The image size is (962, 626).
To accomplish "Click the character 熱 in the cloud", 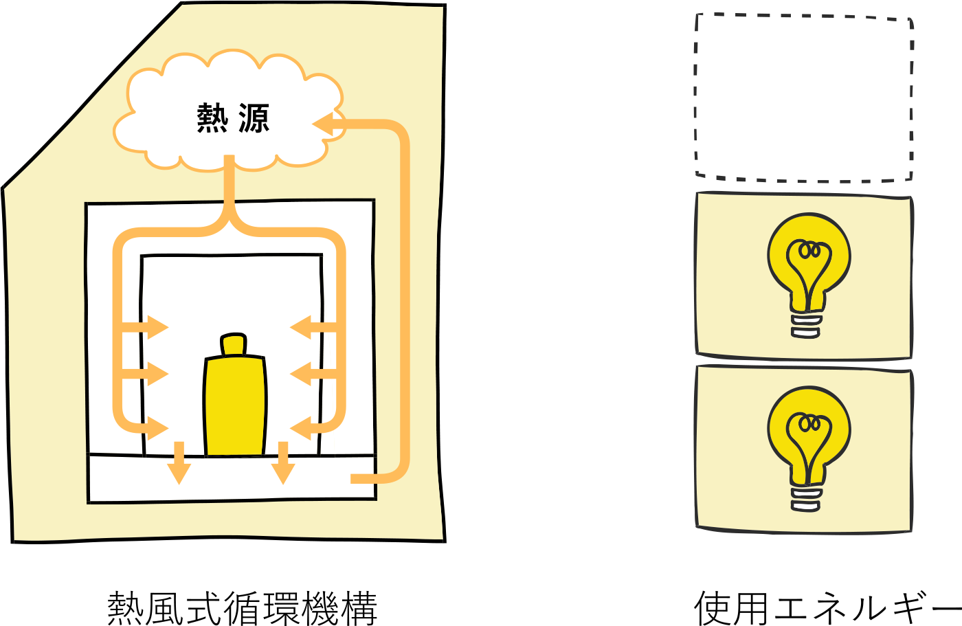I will (x=212, y=118).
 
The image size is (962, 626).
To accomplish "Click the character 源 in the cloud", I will (x=254, y=118).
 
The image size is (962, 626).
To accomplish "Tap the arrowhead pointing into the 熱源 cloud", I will (x=323, y=124).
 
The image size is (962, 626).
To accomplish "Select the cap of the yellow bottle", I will (x=234, y=344).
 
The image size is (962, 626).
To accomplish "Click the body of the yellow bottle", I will (x=235, y=405).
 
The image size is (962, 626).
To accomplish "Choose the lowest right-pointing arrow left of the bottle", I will (x=157, y=428).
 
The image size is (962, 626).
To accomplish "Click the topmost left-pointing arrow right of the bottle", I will (x=302, y=328).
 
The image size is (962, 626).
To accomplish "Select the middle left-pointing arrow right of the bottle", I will (x=302, y=374).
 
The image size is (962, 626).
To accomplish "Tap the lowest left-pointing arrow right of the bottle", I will (x=302, y=428).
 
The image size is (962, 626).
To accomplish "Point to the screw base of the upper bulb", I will (x=806, y=326).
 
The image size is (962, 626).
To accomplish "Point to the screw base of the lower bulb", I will (x=806, y=500).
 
